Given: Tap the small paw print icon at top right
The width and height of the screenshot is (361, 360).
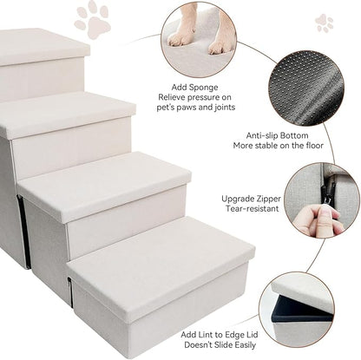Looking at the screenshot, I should pyautogui.click(x=325, y=22).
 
